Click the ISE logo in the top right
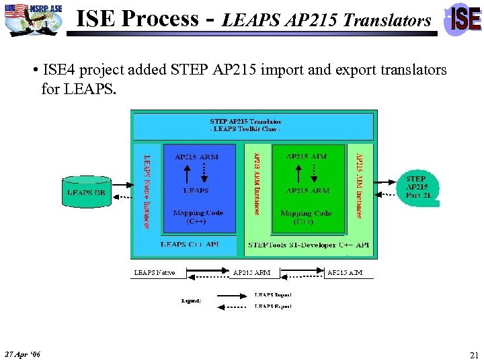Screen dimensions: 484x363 465,19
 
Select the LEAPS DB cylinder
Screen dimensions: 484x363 86,192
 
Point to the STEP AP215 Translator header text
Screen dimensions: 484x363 245,125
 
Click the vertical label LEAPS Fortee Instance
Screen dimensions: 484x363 147,192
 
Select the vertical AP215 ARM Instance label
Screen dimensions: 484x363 256,182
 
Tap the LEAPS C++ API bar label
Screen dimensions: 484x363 190,245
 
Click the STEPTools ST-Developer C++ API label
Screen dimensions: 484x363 309,245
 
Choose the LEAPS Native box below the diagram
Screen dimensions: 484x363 155,272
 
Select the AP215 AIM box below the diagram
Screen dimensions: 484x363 344,272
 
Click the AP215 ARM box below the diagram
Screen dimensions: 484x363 252,272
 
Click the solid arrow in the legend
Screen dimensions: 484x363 232,294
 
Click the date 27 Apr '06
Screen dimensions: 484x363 22,354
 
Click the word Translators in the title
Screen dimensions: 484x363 387,21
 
